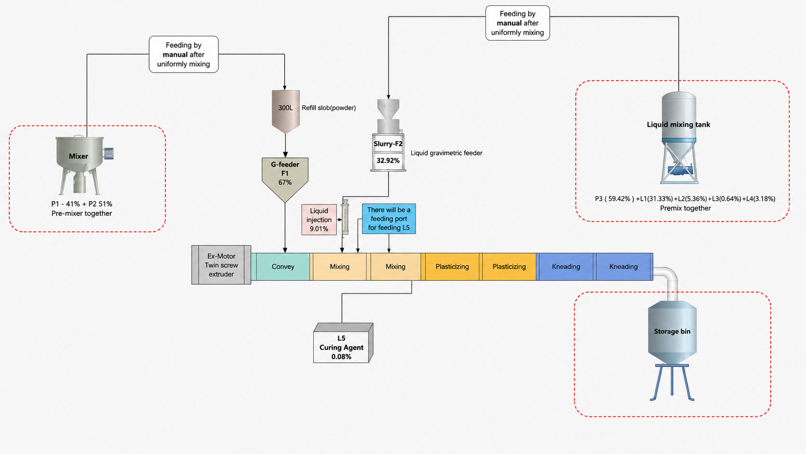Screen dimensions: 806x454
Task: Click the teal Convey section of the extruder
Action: (x=283, y=267)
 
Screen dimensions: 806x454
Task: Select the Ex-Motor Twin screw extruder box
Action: (x=221, y=265)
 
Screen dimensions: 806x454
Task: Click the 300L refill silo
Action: (x=286, y=111)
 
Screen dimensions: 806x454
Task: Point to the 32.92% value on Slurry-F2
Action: (x=388, y=161)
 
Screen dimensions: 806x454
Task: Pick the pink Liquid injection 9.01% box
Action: (x=319, y=220)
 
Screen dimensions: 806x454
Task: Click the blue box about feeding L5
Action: (x=389, y=219)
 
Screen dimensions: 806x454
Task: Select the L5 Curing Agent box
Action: (x=343, y=343)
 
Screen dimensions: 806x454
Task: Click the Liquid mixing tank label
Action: (x=679, y=124)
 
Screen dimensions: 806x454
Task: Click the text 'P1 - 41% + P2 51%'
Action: (x=81, y=204)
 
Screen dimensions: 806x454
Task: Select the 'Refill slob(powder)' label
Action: (x=328, y=108)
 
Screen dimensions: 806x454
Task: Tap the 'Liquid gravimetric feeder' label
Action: (x=446, y=153)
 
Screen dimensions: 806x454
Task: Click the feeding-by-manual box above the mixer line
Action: (x=184, y=55)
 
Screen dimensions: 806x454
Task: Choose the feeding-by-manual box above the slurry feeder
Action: (x=517, y=23)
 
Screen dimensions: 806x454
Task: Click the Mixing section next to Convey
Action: (x=340, y=267)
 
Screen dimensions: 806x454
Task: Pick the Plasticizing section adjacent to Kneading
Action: (x=509, y=267)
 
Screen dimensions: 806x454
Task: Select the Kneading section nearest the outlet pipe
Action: (x=624, y=267)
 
